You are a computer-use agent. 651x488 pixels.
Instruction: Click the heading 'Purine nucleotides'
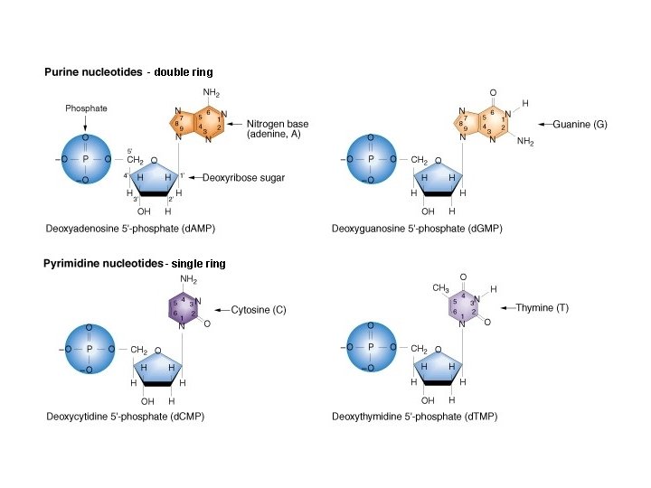(95, 70)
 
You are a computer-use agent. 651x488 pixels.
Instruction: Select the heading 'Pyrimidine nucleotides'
(101, 264)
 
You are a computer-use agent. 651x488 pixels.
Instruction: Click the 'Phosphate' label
(86, 108)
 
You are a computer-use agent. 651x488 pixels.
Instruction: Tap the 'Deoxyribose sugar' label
(245, 179)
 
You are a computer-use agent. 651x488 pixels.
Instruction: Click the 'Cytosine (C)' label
(259, 310)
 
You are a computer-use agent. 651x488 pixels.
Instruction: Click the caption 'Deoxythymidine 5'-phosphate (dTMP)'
(414, 417)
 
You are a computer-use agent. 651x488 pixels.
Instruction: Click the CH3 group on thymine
(440, 288)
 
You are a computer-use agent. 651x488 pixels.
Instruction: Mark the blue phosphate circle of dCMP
(88, 348)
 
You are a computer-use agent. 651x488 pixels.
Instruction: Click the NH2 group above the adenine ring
(211, 92)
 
